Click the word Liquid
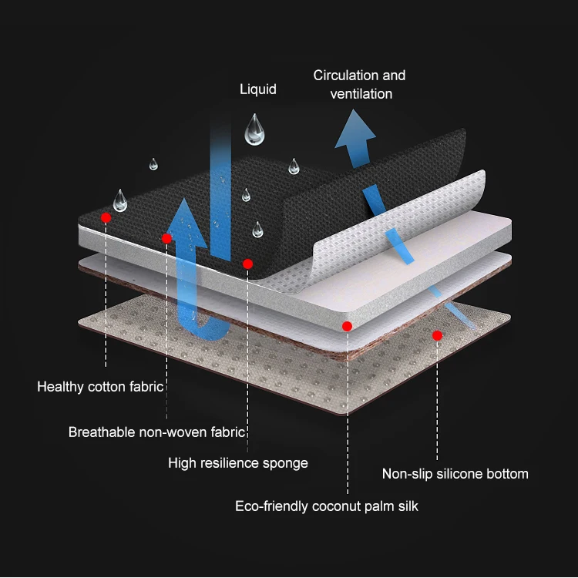pos(257,89)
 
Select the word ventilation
pos(361,94)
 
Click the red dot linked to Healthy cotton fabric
pos(106,218)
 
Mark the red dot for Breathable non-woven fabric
pos(166,238)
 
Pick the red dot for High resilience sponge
pos(247,264)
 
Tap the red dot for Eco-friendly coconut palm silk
pos(348,326)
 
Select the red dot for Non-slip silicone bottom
pos(437,335)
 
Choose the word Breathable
pos(101,432)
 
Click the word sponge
pos(284,463)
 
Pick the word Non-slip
pos(408,474)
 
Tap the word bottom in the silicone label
pos(509,474)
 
